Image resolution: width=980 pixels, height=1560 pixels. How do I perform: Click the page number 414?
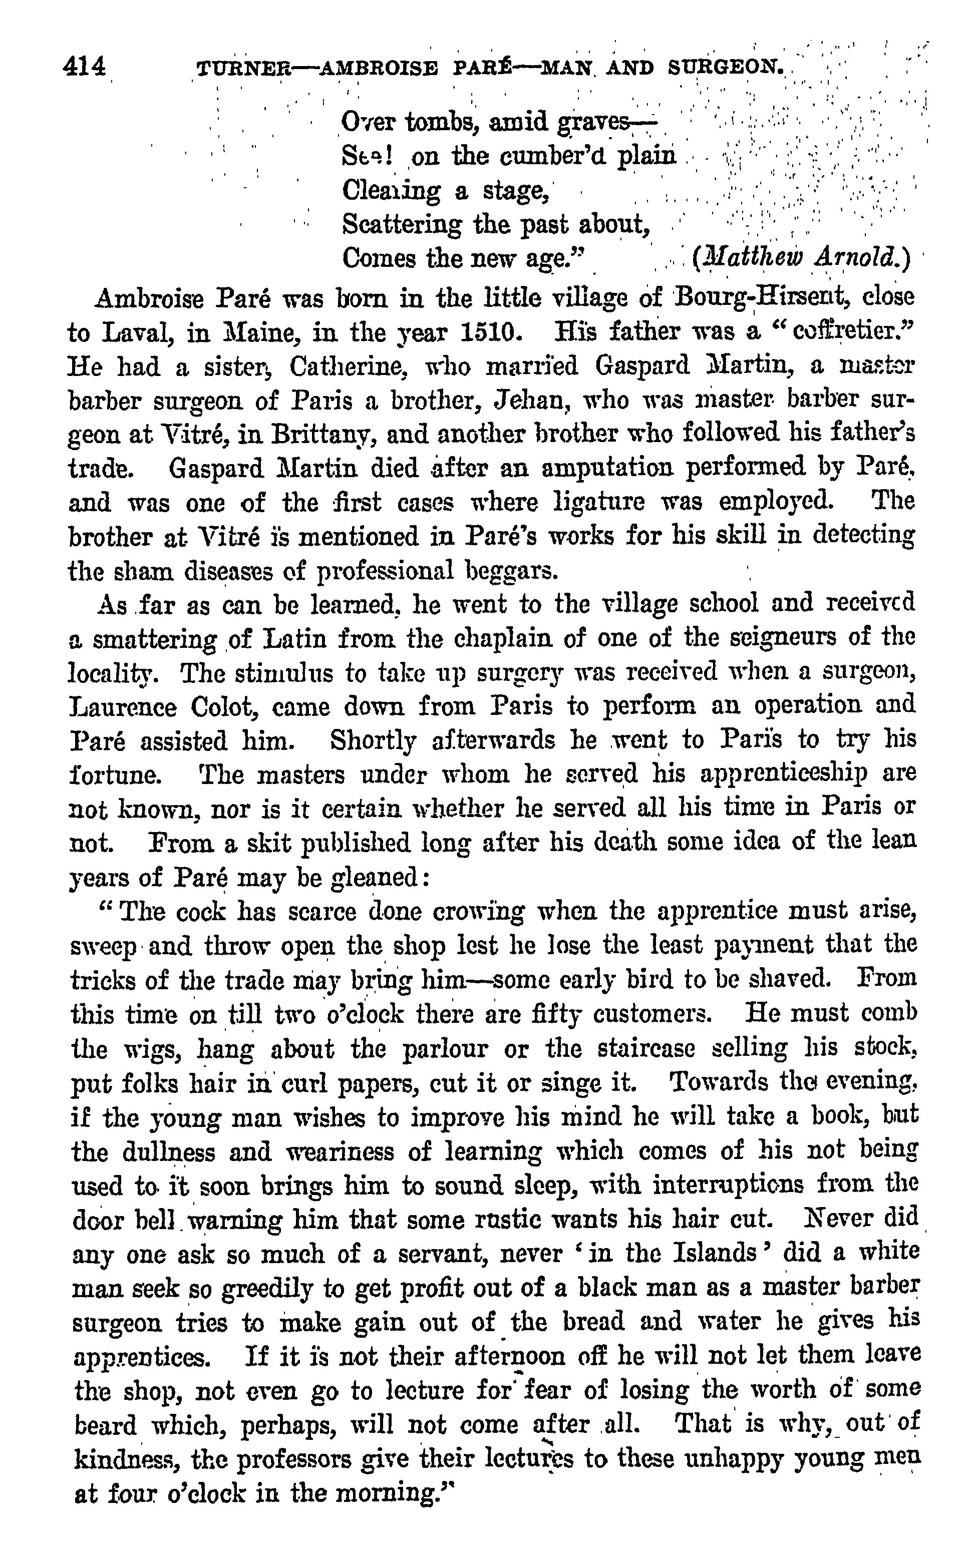84,66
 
